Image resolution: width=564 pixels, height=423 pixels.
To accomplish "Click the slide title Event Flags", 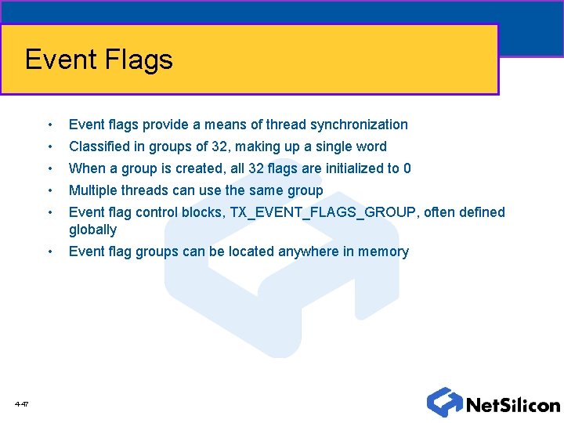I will (x=99, y=60).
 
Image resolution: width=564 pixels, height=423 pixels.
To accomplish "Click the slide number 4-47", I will (x=21, y=404).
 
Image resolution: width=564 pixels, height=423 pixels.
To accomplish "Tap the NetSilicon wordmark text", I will (x=513, y=405).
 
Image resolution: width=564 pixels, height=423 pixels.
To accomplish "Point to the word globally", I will (x=92, y=230).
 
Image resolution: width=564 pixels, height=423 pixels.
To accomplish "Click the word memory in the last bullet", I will (x=382, y=251).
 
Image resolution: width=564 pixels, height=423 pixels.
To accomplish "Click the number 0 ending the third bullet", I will (x=407, y=168).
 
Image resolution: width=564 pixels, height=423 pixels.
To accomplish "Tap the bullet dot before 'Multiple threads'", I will (x=50, y=191).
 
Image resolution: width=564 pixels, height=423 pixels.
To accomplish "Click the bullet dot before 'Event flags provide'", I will (x=50, y=125).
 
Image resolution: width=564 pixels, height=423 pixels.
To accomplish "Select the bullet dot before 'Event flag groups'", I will (x=50, y=252).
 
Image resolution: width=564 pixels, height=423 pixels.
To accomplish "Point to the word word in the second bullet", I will (x=371, y=146).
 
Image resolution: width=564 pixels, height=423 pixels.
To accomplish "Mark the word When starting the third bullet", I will (x=85, y=168).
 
